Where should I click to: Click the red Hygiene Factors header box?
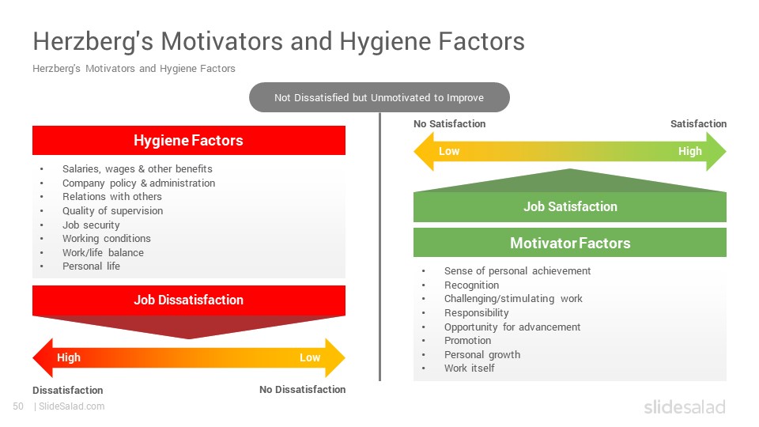click(x=189, y=141)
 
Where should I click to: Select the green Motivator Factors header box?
click(x=570, y=243)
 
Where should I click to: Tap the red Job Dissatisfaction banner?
click(x=189, y=300)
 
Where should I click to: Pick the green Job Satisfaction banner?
click(x=570, y=206)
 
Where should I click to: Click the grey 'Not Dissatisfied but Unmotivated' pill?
click(x=379, y=97)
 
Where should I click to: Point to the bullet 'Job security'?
click(x=91, y=225)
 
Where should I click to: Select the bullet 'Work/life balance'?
click(x=103, y=252)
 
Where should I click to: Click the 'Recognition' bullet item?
click(x=471, y=285)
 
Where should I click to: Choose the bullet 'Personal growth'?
click(x=482, y=354)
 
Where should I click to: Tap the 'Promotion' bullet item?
click(x=467, y=340)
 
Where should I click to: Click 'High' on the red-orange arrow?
click(x=69, y=357)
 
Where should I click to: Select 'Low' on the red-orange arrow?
click(x=310, y=357)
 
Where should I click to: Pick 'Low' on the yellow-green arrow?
click(x=449, y=151)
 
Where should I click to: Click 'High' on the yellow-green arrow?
click(x=689, y=151)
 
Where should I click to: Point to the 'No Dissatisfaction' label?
click(x=303, y=389)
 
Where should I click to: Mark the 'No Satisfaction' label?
click(x=449, y=123)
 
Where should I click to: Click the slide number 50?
click(x=18, y=406)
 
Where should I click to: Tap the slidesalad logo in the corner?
click(x=685, y=406)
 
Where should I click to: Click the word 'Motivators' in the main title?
click(x=221, y=40)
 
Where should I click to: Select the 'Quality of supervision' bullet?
click(x=113, y=210)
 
